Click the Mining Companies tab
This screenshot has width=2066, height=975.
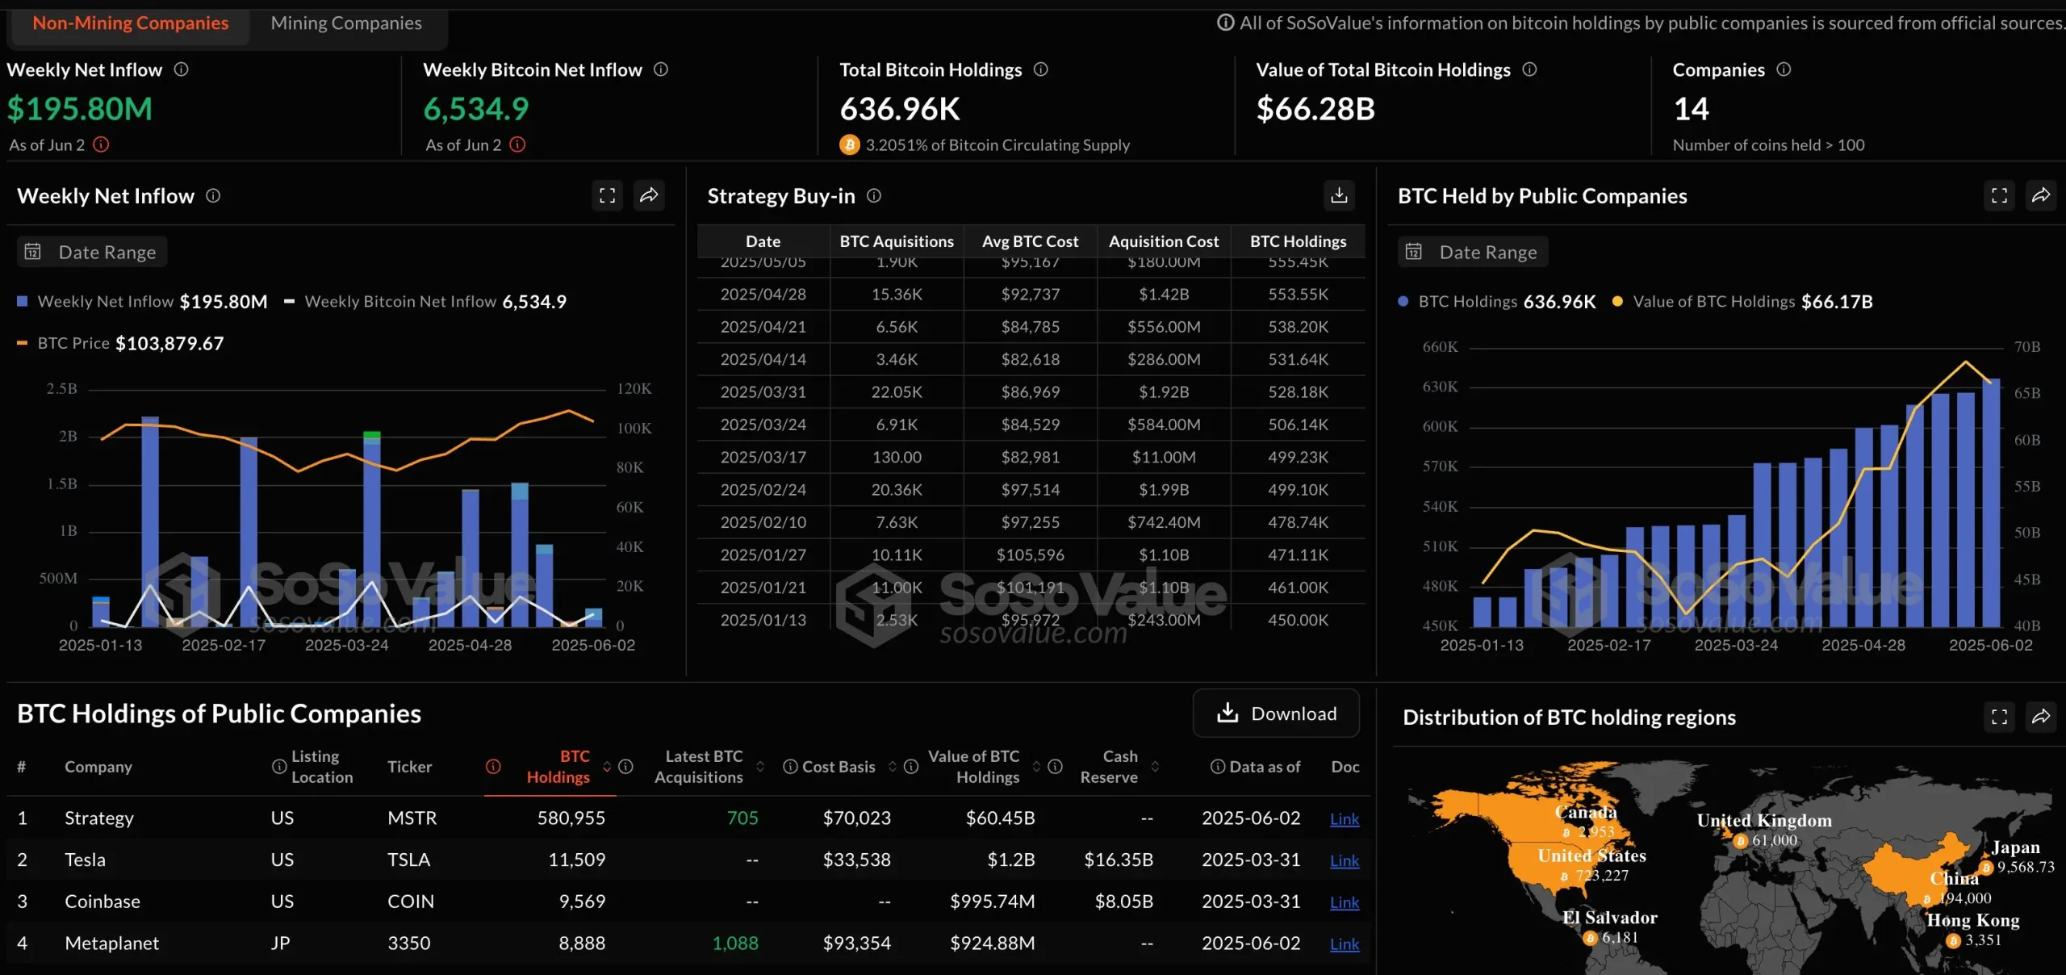click(346, 23)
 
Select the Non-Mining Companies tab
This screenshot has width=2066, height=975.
click(131, 23)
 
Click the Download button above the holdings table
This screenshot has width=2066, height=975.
click(1276, 713)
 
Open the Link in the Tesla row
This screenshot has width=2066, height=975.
click(1344, 860)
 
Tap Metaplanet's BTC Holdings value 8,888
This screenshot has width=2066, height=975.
click(581, 943)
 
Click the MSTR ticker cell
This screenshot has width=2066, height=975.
click(412, 818)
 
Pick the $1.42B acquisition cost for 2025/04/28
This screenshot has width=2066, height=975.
click(1164, 295)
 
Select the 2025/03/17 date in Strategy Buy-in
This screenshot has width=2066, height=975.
click(763, 458)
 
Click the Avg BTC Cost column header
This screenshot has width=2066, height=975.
click(1030, 241)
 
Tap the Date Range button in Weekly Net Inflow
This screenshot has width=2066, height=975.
click(92, 253)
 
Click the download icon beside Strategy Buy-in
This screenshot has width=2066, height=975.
click(1339, 195)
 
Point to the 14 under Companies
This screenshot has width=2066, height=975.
click(1691, 109)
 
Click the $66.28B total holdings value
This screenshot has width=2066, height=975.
click(1315, 109)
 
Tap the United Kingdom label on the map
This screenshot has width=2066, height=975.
click(1764, 821)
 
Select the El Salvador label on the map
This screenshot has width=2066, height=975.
click(1609, 918)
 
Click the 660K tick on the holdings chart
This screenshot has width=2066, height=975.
click(1440, 347)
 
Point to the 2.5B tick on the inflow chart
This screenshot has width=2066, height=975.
click(62, 389)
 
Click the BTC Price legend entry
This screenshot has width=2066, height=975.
click(73, 344)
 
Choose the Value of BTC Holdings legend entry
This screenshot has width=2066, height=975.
click(1713, 302)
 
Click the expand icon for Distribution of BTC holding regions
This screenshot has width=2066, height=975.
click(1999, 717)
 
